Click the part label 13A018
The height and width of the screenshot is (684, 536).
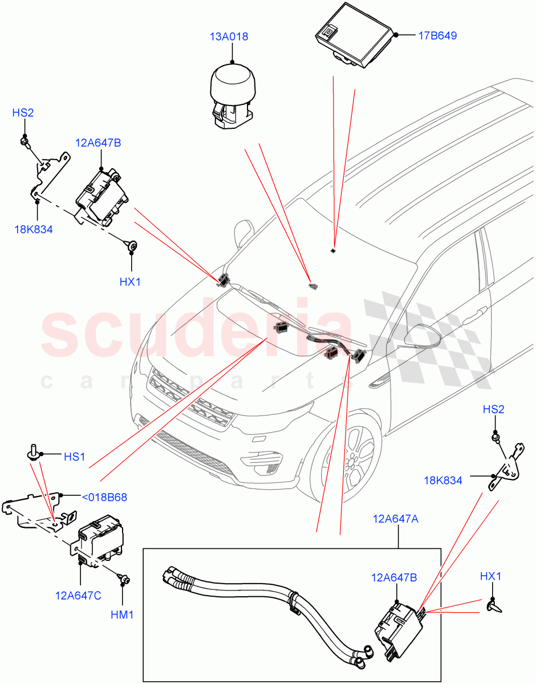point(229,37)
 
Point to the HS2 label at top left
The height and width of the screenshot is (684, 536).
point(23,113)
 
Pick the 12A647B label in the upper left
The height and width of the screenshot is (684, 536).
point(97,142)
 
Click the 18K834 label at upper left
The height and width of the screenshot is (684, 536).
point(34,230)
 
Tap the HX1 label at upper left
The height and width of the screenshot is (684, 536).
point(130,282)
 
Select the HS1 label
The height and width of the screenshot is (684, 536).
point(74,457)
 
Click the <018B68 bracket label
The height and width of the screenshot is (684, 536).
point(104,497)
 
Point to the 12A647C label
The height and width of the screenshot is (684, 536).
point(78,596)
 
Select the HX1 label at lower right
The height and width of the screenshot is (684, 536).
point(491,576)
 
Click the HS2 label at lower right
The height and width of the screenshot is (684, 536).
point(494,409)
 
